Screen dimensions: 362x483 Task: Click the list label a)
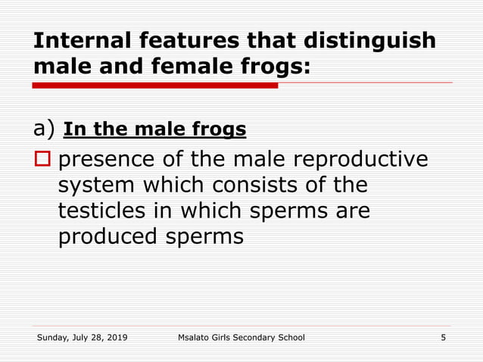(45, 130)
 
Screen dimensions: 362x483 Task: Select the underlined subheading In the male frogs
(155, 130)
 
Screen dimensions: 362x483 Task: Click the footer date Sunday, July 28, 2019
(83, 337)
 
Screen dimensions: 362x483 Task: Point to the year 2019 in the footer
(116, 337)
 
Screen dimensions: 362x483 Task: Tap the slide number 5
(443, 337)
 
